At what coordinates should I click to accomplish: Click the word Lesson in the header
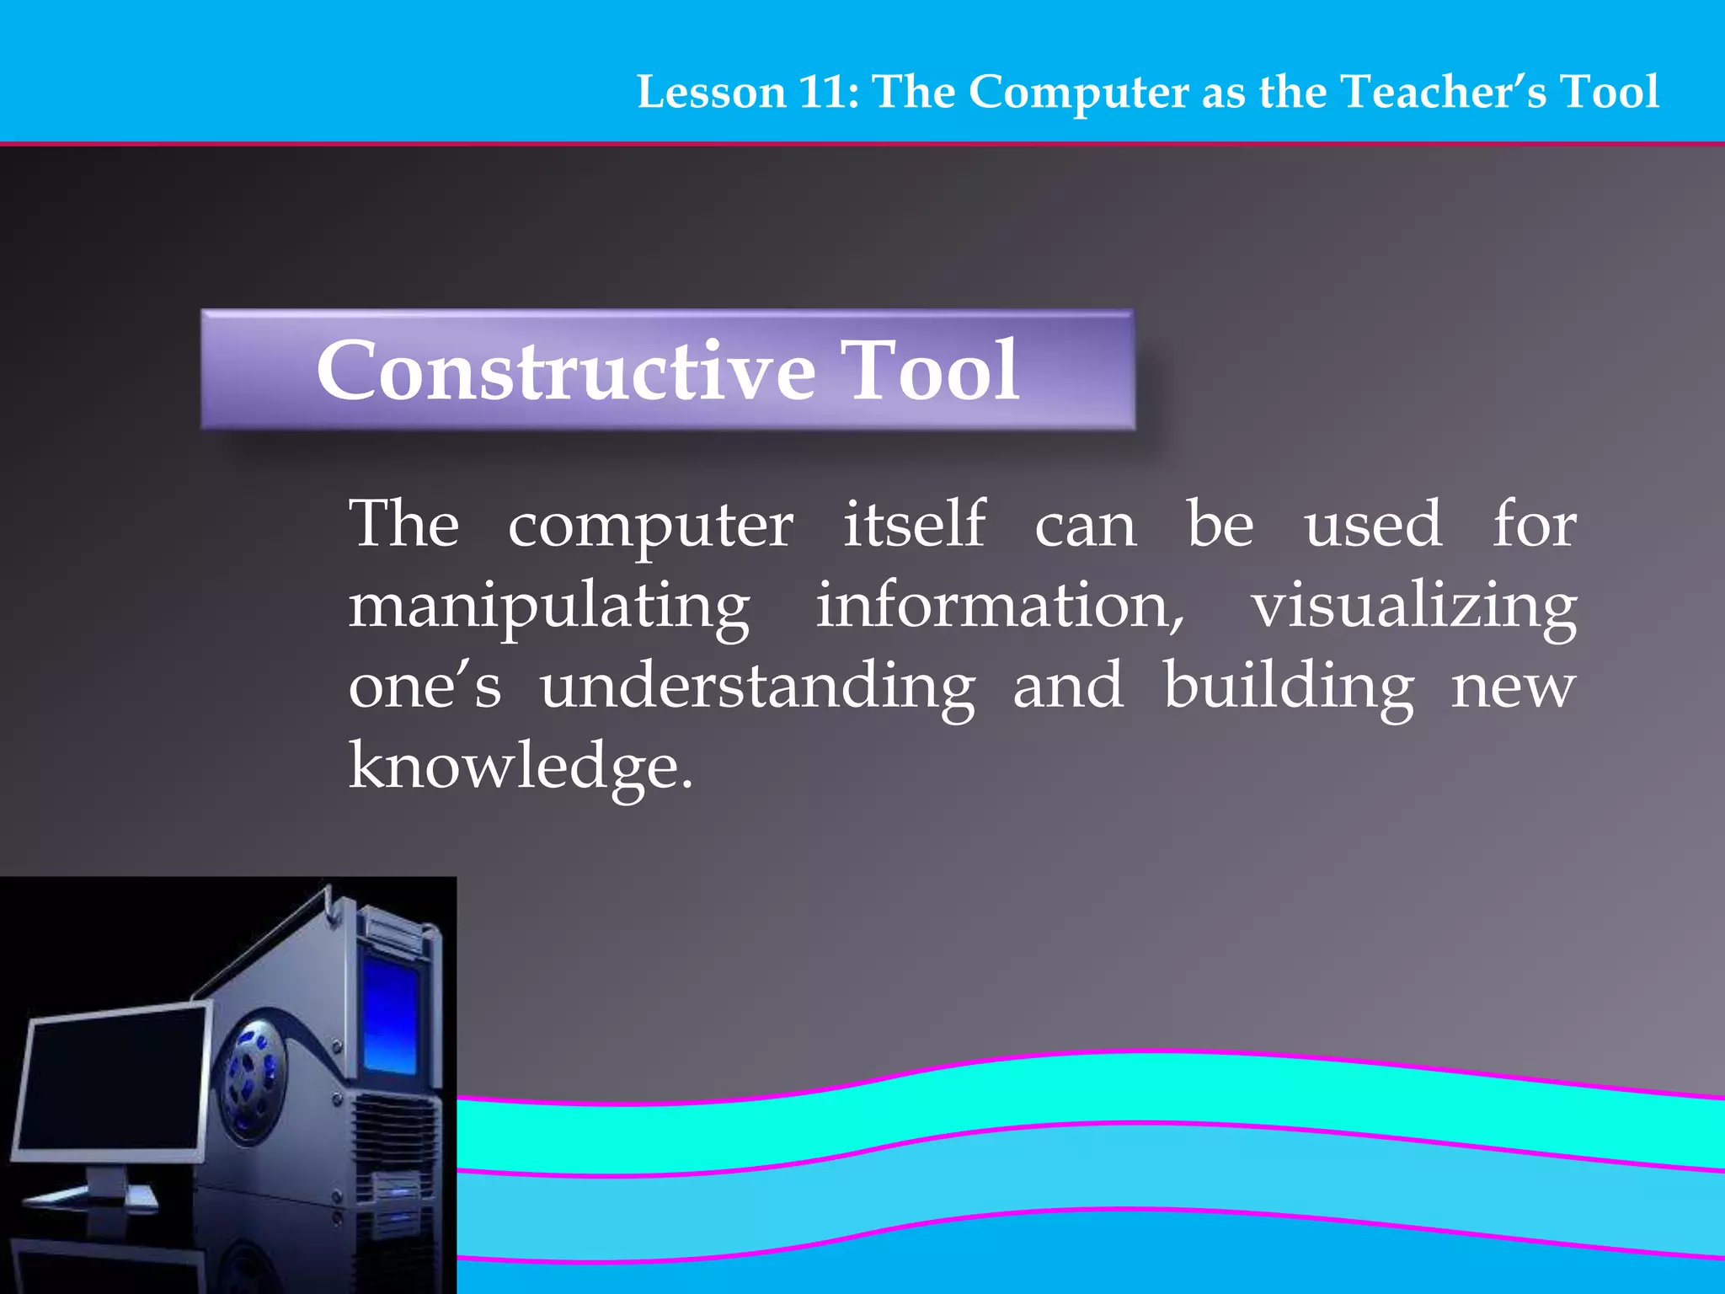coord(711,92)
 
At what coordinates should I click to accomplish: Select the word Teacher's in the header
coord(1444,92)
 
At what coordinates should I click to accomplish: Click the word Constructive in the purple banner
coord(565,371)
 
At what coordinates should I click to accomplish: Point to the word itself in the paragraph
coord(914,524)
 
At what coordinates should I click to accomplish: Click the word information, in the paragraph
coord(1000,605)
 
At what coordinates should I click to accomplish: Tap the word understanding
coord(757,687)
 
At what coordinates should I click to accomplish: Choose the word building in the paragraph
coord(1289,687)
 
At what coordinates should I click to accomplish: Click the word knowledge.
coord(520,767)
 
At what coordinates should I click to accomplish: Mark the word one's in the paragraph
coord(425,686)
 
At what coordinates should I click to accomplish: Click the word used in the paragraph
coord(1373,524)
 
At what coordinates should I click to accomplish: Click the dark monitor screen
coord(109,1083)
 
